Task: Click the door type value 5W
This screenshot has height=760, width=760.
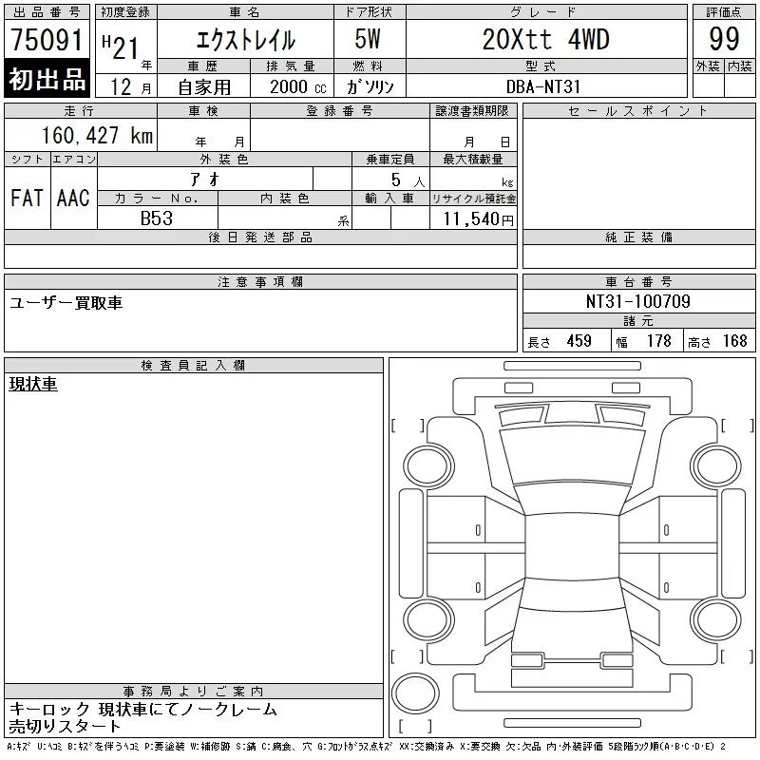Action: (x=370, y=40)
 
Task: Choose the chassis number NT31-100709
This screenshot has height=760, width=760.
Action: (x=637, y=301)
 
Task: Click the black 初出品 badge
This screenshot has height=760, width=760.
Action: (x=47, y=80)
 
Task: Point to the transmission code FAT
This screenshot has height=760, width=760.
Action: (x=27, y=198)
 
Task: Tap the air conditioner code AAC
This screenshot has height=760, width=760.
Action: (x=73, y=198)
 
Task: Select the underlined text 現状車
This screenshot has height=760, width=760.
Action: (x=33, y=384)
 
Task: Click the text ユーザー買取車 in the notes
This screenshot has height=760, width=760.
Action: (x=66, y=302)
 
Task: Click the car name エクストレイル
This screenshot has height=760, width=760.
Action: (x=244, y=40)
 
